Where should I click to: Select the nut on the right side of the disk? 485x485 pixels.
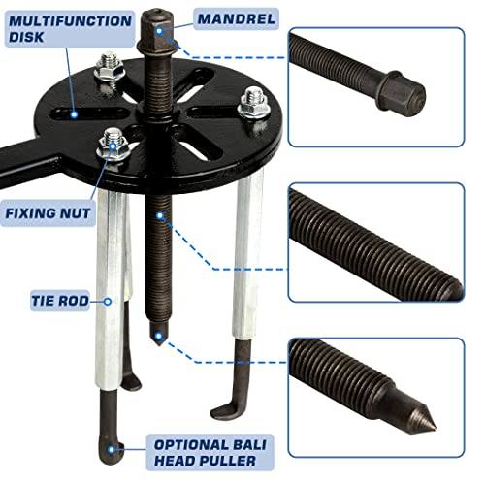click(x=254, y=104)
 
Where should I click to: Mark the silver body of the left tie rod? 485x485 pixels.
click(x=113, y=291)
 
